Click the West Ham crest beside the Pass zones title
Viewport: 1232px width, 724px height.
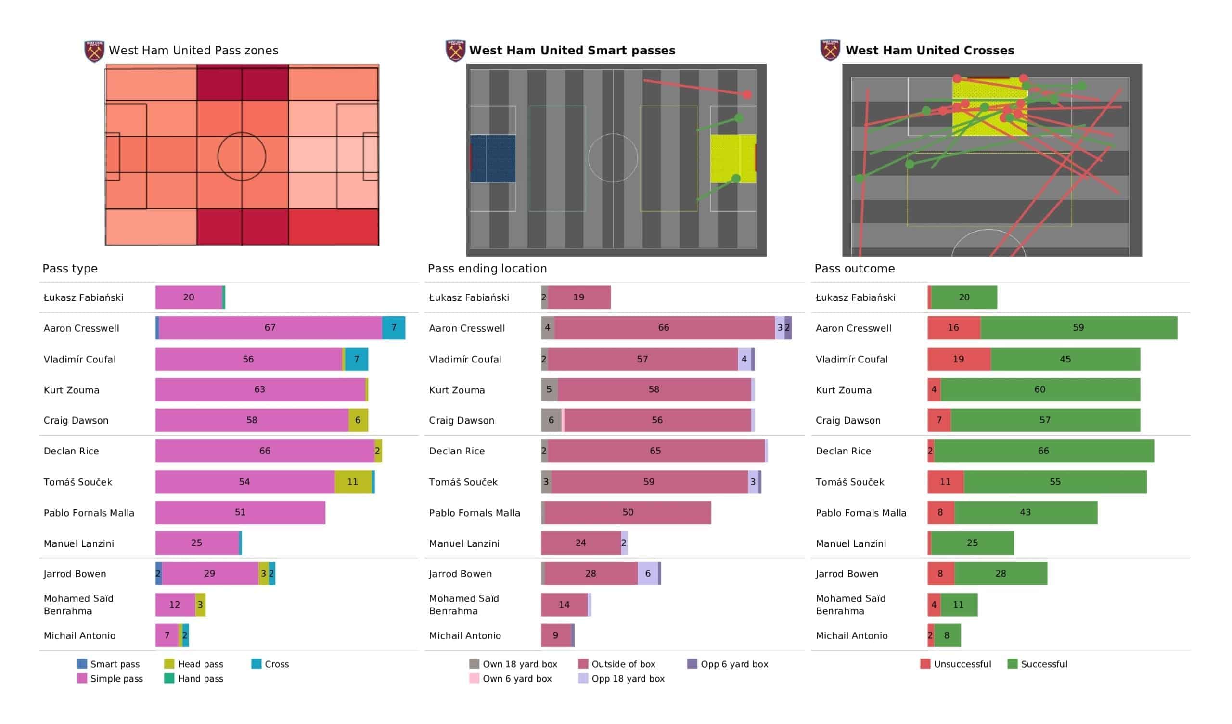click(x=94, y=51)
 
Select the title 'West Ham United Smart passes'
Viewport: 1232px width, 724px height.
click(x=572, y=51)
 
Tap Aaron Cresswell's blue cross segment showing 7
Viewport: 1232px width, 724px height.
click(x=394, y=328)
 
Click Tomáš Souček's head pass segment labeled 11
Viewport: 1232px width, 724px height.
click(x=353, y=482)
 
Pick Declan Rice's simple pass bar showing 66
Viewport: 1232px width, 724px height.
click(x=265, y=451)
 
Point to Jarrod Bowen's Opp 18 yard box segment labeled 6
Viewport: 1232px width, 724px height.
click(x=648, y=573)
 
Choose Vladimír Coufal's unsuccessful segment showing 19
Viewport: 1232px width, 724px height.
click(x=959, y=359)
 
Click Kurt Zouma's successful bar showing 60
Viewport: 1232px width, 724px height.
click(x=1040, y=389)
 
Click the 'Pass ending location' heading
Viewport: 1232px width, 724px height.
click(x=487, y=269)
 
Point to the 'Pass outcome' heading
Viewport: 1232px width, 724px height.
click(x=855, y=269)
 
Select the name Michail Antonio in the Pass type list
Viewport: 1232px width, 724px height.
click(x=80, y=635)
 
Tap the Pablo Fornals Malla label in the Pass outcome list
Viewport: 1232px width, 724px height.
click(x=861, y=513)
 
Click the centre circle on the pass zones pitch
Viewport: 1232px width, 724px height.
click(x=242, y=156)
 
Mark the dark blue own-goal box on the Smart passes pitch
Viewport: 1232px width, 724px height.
click(x=493, y=158)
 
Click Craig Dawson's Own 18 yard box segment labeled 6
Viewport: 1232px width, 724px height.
click(x=551, y=420)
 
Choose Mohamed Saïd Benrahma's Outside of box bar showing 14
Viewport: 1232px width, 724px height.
click(x=564, y=605)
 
